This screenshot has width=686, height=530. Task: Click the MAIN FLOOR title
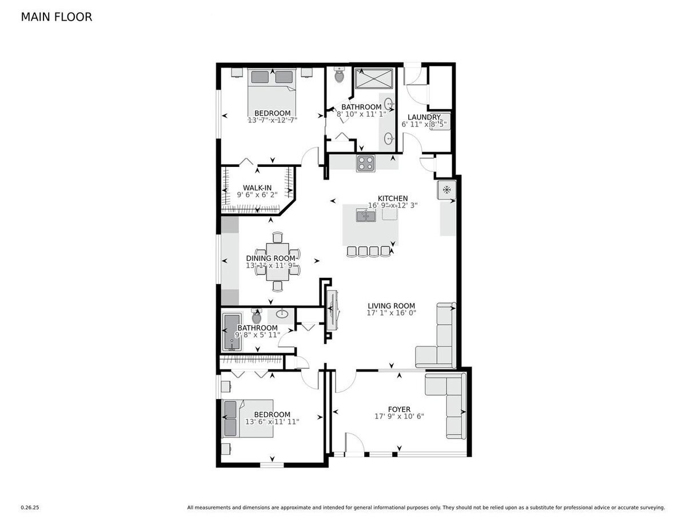56,17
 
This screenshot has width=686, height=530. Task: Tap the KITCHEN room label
392,198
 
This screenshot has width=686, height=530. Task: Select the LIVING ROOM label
391,306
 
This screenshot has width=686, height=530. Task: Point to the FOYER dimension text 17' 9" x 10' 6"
398,417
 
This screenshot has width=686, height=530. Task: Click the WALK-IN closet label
257,188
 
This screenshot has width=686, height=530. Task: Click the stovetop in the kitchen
365,164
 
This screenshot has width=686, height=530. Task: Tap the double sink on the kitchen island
365,216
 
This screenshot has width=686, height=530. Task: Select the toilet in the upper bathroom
339,75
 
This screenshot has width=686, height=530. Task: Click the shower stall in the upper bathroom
374,78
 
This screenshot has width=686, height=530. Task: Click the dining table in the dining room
277,261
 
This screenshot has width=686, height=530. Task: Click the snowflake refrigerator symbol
446,190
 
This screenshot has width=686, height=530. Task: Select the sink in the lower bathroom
281,313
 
